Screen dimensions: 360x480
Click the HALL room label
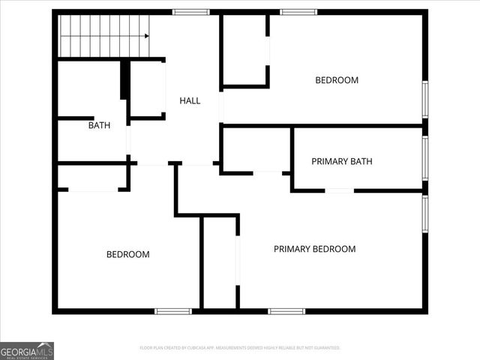190,100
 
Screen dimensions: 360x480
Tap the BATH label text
99,125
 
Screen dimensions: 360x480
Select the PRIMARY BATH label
342,161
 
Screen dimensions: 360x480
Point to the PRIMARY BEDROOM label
314,249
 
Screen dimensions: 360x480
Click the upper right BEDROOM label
337,80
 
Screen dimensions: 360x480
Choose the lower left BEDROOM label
127,254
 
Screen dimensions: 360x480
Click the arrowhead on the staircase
146,35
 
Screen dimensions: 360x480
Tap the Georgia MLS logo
27,350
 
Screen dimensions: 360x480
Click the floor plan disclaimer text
240,348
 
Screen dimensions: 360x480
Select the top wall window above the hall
190,12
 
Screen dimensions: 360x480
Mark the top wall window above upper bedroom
298,12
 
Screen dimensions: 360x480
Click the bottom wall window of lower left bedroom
173,310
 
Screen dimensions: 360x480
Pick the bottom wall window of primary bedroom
286,310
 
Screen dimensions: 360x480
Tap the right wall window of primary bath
424,158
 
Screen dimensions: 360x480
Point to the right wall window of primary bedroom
424,214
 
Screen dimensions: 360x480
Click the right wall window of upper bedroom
424,99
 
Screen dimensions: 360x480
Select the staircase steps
101,35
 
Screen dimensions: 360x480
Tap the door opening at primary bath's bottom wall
339,190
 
